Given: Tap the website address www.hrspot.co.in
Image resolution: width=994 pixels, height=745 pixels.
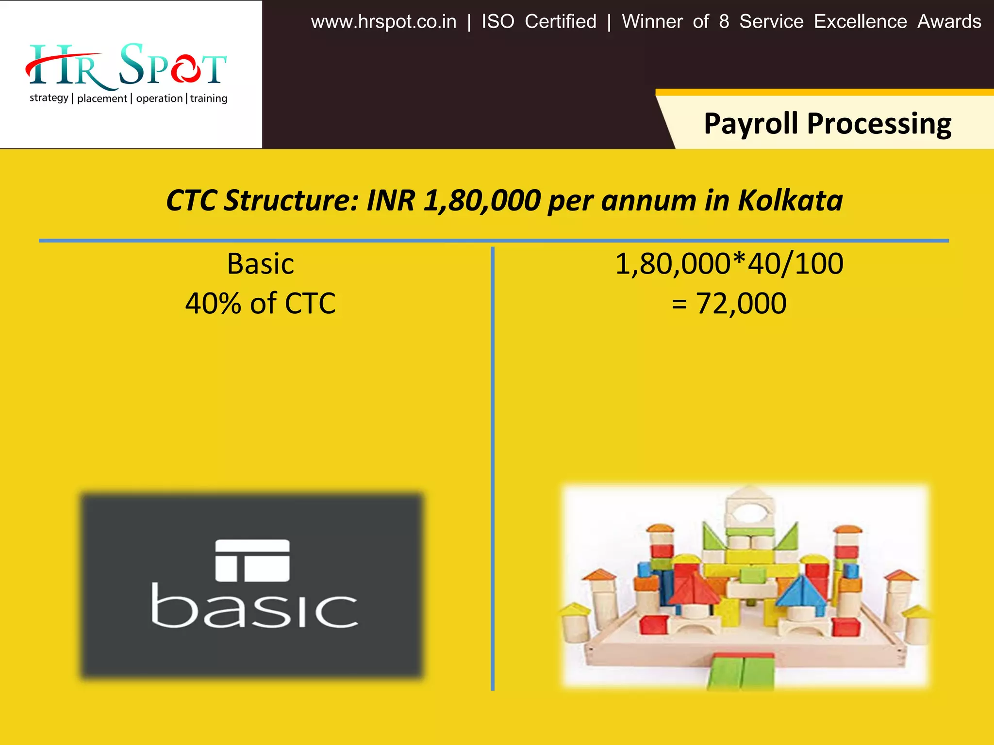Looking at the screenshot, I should tap(383, 22).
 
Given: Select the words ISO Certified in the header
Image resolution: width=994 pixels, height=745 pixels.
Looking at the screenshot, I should tap(539, 22).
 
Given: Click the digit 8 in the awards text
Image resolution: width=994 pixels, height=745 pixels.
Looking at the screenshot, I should tap(724, 22).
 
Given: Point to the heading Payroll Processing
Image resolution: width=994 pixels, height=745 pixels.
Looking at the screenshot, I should tap(827, 123).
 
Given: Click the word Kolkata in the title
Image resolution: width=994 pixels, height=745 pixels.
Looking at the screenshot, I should tap(790, 200).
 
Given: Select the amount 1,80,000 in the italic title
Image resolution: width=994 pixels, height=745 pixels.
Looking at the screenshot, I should tap(482, 200).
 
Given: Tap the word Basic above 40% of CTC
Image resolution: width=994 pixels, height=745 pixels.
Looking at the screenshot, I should tap(261, 264).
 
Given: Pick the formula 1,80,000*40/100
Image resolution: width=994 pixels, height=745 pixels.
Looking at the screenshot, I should tap(729, 264).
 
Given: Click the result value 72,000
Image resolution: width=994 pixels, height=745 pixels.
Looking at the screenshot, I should tap(741, 304).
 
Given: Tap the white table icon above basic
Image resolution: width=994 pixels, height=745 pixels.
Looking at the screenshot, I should tap(252, 560).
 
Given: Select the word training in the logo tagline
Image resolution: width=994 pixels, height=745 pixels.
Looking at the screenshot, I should tap(209, 98).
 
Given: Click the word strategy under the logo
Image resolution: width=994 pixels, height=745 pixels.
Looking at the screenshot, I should tap(49, 98).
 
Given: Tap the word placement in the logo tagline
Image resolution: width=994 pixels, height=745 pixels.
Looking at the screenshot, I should tap(102, 98).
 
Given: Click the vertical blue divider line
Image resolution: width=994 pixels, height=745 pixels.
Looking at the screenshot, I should tap(493, 466).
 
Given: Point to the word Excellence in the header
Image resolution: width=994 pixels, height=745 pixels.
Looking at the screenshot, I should tap(860, 22).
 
